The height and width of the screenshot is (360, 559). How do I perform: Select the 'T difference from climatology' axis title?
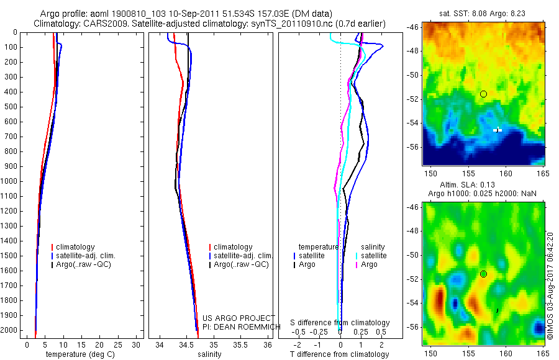tap(340, 354)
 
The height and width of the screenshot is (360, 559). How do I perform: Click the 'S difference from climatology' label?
tap(340, 323)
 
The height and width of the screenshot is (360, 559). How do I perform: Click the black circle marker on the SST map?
tap(483, 94)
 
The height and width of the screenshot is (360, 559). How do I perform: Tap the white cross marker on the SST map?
tap(498, 130)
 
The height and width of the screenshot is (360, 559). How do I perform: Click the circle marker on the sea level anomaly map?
tap(483, 274)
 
